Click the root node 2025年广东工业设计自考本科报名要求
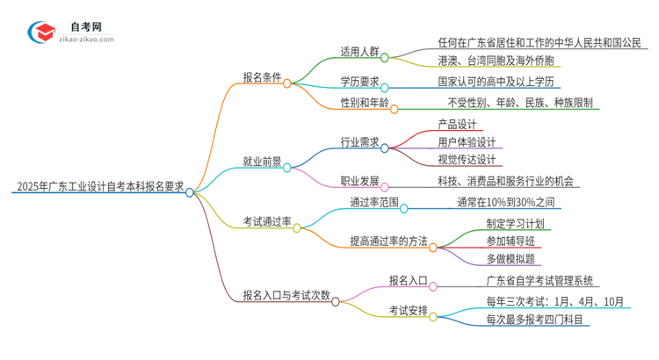[98, 187]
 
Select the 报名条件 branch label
[262, 77]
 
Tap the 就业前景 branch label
[262, 162]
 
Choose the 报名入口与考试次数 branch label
[286, 295]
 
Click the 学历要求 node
[360, 82]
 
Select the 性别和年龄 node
[364, 103]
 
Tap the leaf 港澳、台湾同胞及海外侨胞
[496, 61]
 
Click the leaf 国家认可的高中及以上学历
[497, 82]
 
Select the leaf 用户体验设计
[467, 141]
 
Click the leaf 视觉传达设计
[467, 160]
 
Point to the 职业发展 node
[360, 181]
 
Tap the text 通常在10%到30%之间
[505, 202]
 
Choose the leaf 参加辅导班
[510, 241]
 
